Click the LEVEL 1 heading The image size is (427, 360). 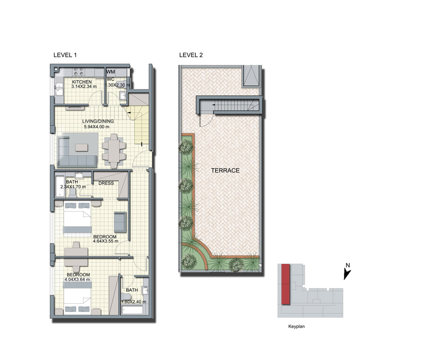(65, 55)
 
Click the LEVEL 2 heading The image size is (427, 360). (191, 55)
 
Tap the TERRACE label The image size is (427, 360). (225, 170)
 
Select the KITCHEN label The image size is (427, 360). (82, 82)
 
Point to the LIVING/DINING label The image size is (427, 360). (98, 121)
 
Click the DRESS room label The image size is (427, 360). (106, 183)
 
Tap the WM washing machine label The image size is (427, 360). (110, 72)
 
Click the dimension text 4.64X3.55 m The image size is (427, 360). (105, 241)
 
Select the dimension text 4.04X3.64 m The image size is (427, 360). (77, 279)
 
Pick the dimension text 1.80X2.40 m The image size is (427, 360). (134, 302)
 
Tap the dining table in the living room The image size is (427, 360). (114, 151)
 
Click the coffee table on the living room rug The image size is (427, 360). (82, 148)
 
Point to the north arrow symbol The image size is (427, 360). (347, 275)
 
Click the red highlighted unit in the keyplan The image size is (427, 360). (286, 284)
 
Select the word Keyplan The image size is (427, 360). (296, 326)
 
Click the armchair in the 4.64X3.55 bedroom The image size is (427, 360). (120, 222)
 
